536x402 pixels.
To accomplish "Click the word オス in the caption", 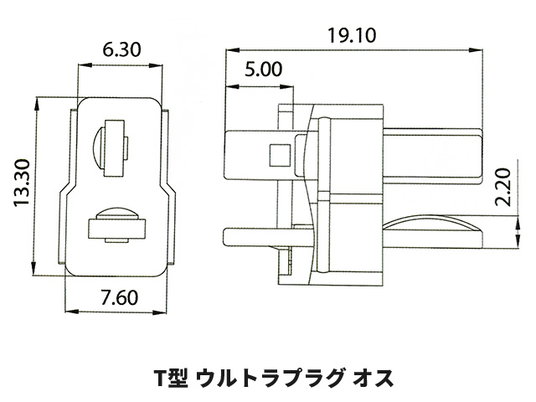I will [371, 377].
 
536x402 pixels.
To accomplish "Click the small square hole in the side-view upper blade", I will [277, 155].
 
